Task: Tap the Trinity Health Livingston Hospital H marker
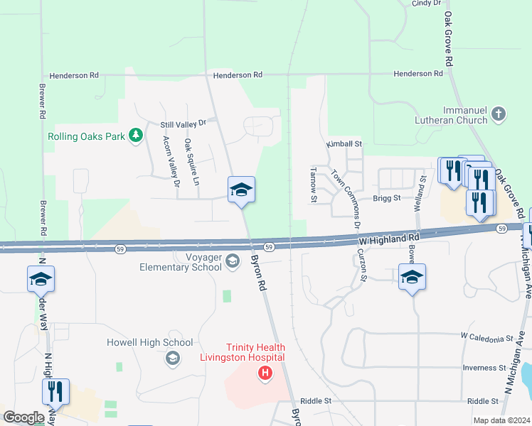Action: pos(265,373)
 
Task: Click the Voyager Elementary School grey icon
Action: pos(232,263)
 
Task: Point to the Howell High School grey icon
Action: pos(171,359)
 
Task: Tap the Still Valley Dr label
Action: pos(182,124)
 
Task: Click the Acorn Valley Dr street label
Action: pos(171,161)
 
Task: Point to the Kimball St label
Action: pos(344,144)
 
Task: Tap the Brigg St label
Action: pos(388,199)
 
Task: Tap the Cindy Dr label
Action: pos(427,4)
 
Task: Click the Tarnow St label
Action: pos(314,185)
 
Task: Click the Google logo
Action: pos(23,417)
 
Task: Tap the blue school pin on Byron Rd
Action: pos(241,190)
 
